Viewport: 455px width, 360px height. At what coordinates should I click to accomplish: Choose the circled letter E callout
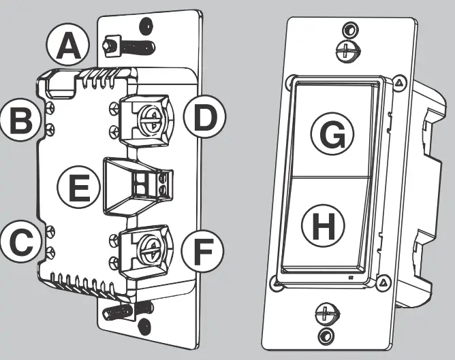(79, 186)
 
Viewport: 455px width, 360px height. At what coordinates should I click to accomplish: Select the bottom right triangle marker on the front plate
(384, 281)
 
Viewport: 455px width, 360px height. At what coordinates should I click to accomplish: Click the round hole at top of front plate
(349, 29)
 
